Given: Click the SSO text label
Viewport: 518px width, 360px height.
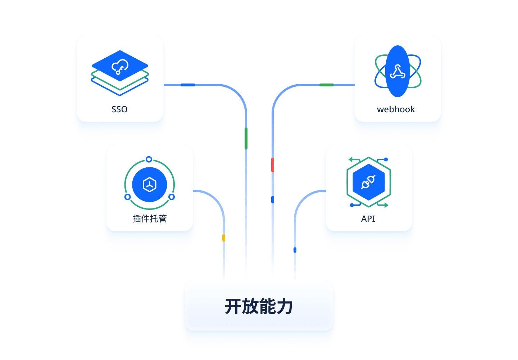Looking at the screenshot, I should tap(119, 109).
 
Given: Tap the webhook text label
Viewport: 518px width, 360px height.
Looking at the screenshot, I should tap(396, 109).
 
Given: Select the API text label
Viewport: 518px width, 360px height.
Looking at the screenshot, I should tap(368, 219).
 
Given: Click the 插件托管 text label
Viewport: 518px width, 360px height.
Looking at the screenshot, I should tap(149, 219).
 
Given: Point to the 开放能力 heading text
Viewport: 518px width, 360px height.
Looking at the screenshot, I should tap(259, 306).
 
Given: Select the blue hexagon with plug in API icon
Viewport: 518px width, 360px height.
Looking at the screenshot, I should tap(369, 182).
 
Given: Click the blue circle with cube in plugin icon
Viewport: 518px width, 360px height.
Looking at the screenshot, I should tap(150, 184).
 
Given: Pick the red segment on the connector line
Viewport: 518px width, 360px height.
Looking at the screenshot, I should tap(273, 165).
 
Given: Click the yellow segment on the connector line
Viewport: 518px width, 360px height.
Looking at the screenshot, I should tap(223, 238).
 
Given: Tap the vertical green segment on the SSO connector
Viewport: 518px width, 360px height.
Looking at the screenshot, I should tap(246, 138).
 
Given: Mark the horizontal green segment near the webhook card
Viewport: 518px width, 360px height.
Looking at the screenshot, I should tap(327, 85).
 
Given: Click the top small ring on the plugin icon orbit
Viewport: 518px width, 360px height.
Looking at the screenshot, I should tap(149, 159).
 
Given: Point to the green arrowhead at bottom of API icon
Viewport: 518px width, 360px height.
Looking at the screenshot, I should tap(386, 205).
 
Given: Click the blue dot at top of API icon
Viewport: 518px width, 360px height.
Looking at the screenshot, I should tap(386, 159).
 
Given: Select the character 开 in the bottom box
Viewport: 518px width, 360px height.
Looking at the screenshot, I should tap(233, 306).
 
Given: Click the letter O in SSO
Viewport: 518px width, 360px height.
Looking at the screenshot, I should tap(124, 109).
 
